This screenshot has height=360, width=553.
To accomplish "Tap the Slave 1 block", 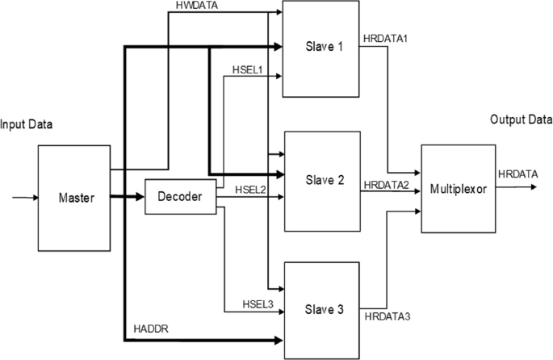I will [319, 46].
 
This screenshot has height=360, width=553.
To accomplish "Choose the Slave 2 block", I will [319, 178].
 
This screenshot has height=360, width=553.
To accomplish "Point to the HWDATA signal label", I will [195, 6].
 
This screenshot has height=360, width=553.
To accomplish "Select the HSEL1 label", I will [249, 69].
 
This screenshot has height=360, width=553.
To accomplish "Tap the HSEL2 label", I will [250, 189].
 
